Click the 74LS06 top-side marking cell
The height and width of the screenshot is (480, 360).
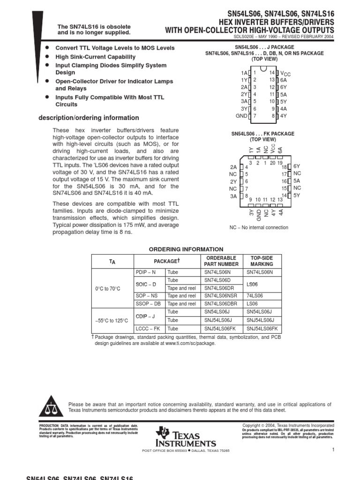point(255,296)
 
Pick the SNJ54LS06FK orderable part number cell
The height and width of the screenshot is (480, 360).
point(221,329)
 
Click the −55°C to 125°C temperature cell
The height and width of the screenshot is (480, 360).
point(112,321)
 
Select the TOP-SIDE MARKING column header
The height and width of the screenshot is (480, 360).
point(262,261)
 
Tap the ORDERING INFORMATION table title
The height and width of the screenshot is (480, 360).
point(186,249)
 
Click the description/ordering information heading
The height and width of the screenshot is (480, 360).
point(89,118)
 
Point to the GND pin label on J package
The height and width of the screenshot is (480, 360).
point(241,116)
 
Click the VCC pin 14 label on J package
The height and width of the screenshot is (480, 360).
point(285,74)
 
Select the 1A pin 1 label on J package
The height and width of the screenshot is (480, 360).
point(244,73)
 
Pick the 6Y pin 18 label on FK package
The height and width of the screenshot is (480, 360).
point(296,166)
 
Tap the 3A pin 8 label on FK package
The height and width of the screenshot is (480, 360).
point(233,196)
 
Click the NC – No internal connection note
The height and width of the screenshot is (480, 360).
point(259,228)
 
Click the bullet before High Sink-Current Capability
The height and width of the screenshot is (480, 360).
point(46,56)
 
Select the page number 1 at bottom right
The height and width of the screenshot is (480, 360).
point(332,450)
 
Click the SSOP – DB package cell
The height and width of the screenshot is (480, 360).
point(148,304)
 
